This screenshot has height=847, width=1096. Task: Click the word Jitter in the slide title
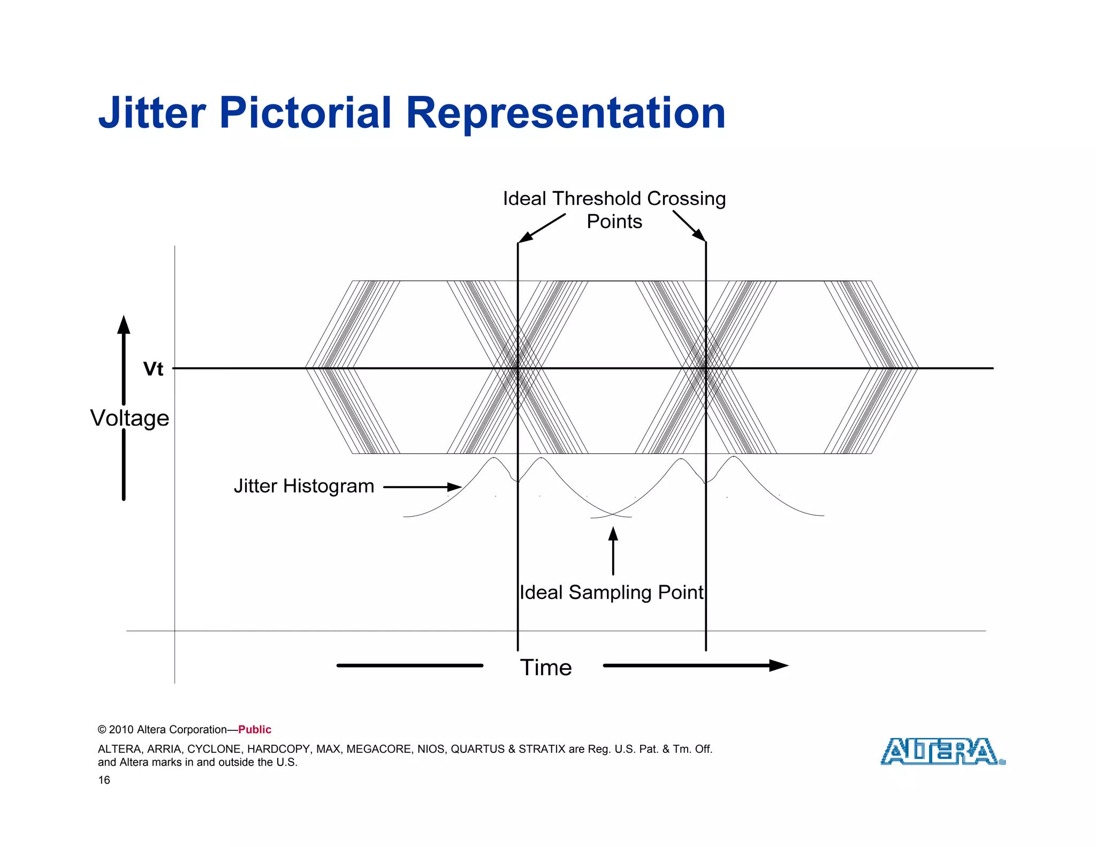coord(152,113)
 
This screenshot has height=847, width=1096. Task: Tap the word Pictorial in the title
coord(305,113)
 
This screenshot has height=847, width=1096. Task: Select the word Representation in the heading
coord(565,113)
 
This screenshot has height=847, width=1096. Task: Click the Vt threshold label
coord(153,369)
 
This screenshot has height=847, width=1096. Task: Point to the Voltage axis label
coord(130,418)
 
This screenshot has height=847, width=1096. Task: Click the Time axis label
coord(546,668)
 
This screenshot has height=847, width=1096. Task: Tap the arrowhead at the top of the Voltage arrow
coord(124,324)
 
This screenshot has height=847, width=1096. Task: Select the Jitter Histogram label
coord(303,486)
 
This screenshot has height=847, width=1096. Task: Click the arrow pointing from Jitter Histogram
coord(422,487)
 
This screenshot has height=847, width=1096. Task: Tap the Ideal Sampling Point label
coord(611,593)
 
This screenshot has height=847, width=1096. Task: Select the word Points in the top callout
coord(614,222)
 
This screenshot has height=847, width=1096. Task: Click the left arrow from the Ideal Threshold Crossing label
coord(541,229)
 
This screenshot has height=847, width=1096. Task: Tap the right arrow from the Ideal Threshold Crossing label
coord(690,226)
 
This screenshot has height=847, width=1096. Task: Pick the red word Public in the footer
coord(255,730)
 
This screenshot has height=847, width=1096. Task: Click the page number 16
coord(104,780)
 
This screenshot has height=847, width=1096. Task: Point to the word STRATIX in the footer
coord(542,749)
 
